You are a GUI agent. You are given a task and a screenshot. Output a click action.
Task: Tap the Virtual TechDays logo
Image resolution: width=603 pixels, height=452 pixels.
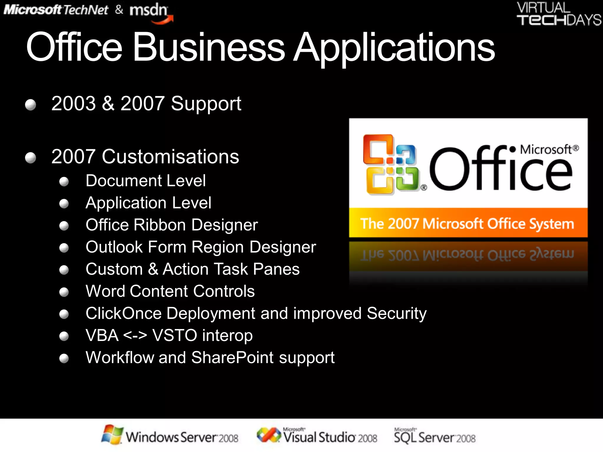(559, 14)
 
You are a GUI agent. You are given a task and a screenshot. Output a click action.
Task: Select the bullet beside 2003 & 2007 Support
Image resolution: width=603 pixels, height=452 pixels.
(31, 105)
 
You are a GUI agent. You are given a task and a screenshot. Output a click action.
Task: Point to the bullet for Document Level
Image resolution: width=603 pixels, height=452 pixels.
(64, 182)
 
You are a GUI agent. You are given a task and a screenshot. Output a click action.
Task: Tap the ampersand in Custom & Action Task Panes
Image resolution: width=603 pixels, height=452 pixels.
(153, 269)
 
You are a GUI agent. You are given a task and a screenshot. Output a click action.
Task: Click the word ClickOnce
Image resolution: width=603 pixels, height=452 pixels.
(123, 313)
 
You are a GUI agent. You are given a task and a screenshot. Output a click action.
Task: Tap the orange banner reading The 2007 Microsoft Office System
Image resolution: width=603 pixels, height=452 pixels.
(468, 223)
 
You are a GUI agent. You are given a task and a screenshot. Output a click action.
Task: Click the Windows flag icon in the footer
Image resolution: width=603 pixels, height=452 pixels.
(112, 435)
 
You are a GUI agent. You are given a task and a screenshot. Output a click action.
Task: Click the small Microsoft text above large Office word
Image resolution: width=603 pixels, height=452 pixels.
(546, 149)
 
